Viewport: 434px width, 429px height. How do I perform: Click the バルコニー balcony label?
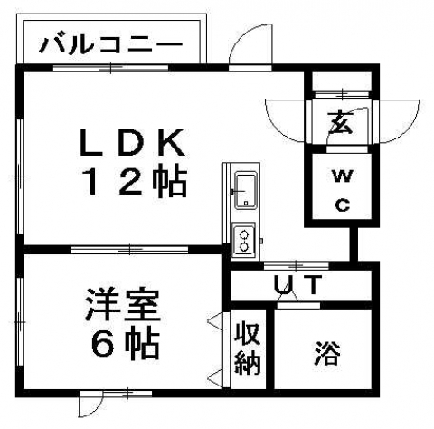(111, 45)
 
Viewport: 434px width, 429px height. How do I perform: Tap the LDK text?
(132, 142)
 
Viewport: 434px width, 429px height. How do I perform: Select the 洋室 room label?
(122, 304)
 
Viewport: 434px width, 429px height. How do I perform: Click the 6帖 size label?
(126, 345)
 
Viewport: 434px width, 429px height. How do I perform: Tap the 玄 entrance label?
(341, 123)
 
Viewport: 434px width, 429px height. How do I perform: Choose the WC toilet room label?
(343, 191)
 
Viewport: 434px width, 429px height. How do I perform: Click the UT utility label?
(296, 284)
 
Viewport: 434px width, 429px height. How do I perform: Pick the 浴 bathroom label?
(328, 353)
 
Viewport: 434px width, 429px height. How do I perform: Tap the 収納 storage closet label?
(248, 348)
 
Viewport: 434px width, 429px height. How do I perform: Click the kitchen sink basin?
(246, 191)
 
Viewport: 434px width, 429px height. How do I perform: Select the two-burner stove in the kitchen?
(243, 241)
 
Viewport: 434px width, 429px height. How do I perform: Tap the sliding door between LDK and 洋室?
(129, 250)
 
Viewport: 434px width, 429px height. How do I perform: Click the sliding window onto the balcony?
(110, 68)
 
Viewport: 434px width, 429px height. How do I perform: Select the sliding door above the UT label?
(297, 266)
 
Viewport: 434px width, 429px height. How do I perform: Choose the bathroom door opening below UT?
(298, 305)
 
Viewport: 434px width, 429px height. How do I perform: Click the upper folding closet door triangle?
(216, 319)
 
